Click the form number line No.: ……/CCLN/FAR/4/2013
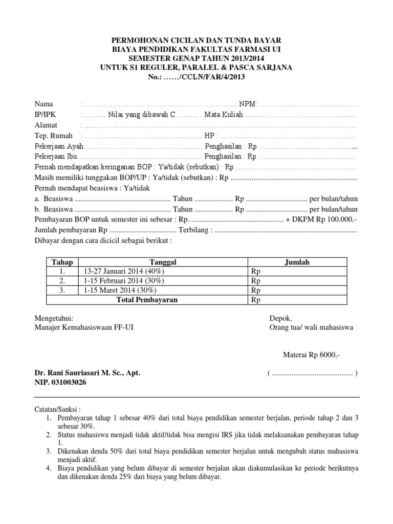point(196,77)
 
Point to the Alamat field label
point(46,125)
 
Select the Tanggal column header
point(163,262)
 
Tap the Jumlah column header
point(297,262)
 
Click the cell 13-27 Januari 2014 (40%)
point(121,272)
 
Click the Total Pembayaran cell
point(147,300)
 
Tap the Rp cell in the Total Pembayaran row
point(256,300)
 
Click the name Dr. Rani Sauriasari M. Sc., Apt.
point(87,373)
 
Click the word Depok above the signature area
point(280,318)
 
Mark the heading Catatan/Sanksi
point(57,410)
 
